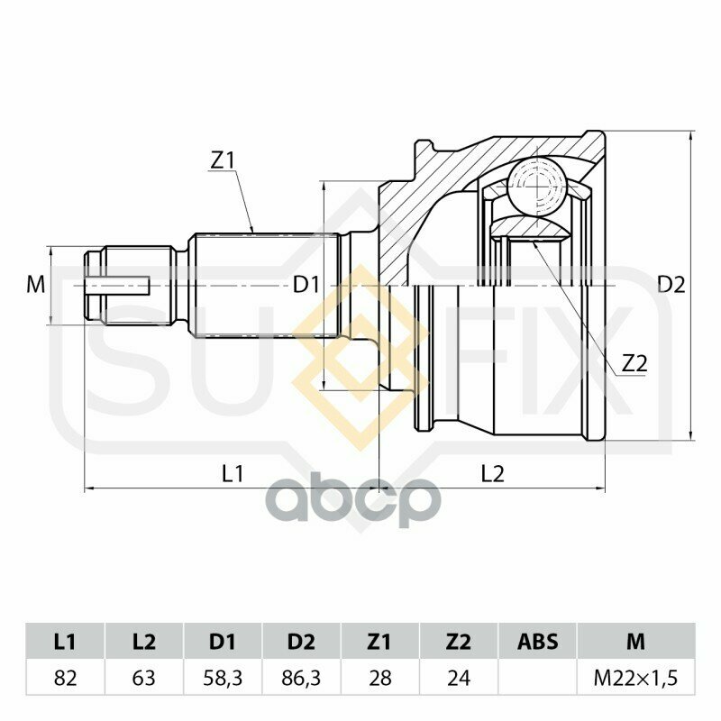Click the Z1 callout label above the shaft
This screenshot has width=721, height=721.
pos(222,161)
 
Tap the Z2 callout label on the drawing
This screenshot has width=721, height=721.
pos(634,364)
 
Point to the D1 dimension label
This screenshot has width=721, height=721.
pos(306,286)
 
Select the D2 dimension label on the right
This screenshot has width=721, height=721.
pos(671,285)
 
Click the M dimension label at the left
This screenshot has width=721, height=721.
pos(36,285)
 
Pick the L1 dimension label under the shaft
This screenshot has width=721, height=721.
pos(233,474)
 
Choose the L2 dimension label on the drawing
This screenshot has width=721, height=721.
pos(493,474)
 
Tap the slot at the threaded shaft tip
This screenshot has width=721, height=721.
pos(118,286)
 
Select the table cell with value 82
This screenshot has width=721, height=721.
pos(65,678)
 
